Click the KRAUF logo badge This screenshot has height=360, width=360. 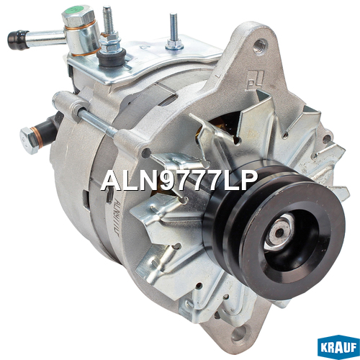click(338, 347)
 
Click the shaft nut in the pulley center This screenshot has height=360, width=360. click(279, 231)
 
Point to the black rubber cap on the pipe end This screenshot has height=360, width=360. click(17, 40)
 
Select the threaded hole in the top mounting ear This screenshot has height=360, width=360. click(260, 45)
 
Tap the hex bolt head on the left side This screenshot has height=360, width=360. click(29, 140)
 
